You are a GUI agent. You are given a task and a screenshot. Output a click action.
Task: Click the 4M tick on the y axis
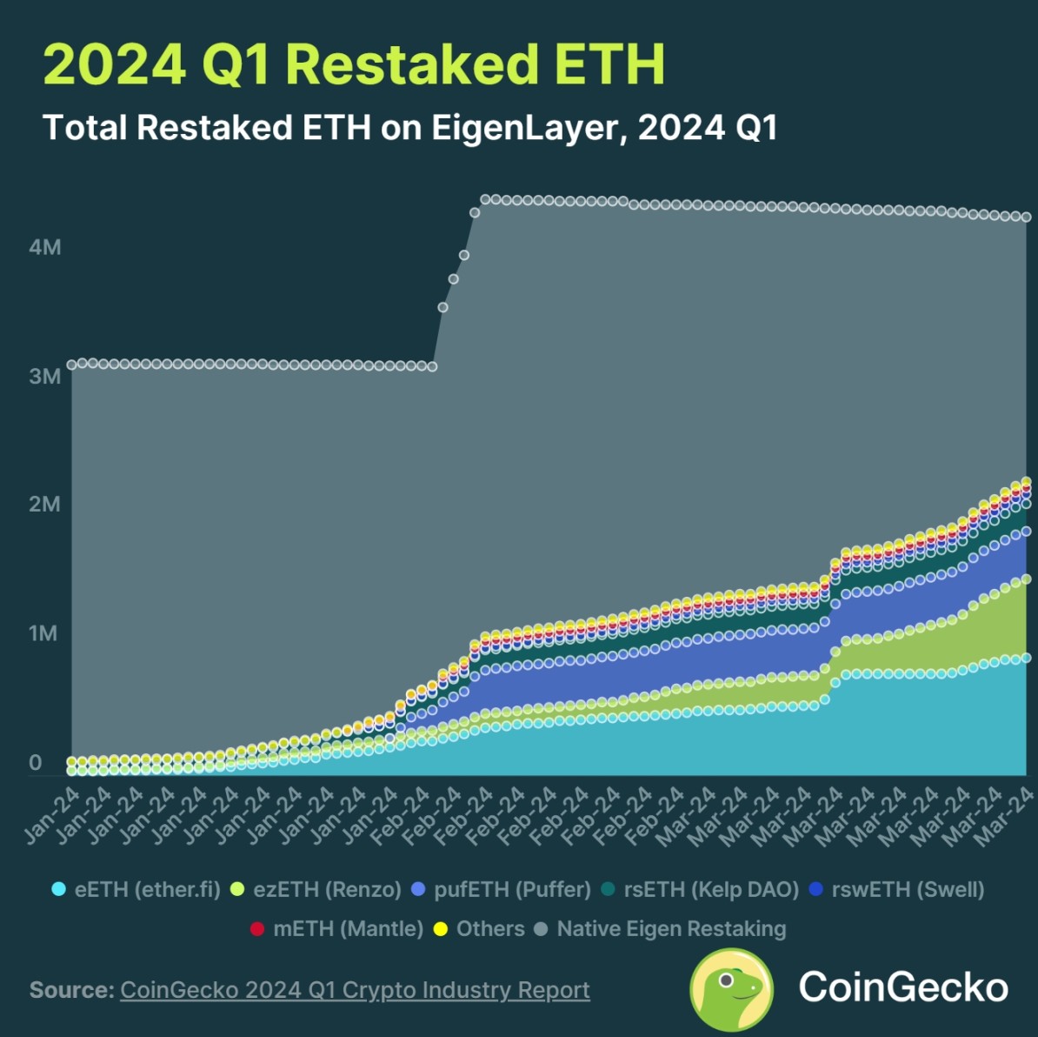click(45, 248)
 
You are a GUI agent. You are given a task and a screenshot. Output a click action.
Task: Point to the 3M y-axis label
click(45, 377)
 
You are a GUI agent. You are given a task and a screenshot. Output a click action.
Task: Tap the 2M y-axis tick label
click(45, 505)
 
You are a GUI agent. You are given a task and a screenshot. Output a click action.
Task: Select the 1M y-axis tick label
click(43, 633)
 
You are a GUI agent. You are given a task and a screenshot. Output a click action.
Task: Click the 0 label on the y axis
click(35, 762)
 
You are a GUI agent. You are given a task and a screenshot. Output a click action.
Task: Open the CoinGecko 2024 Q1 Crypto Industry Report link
click(355, 990)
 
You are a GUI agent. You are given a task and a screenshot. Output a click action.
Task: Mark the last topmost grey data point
click(1026, 217)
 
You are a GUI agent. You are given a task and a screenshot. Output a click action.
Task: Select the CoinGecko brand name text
click(903, 988)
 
